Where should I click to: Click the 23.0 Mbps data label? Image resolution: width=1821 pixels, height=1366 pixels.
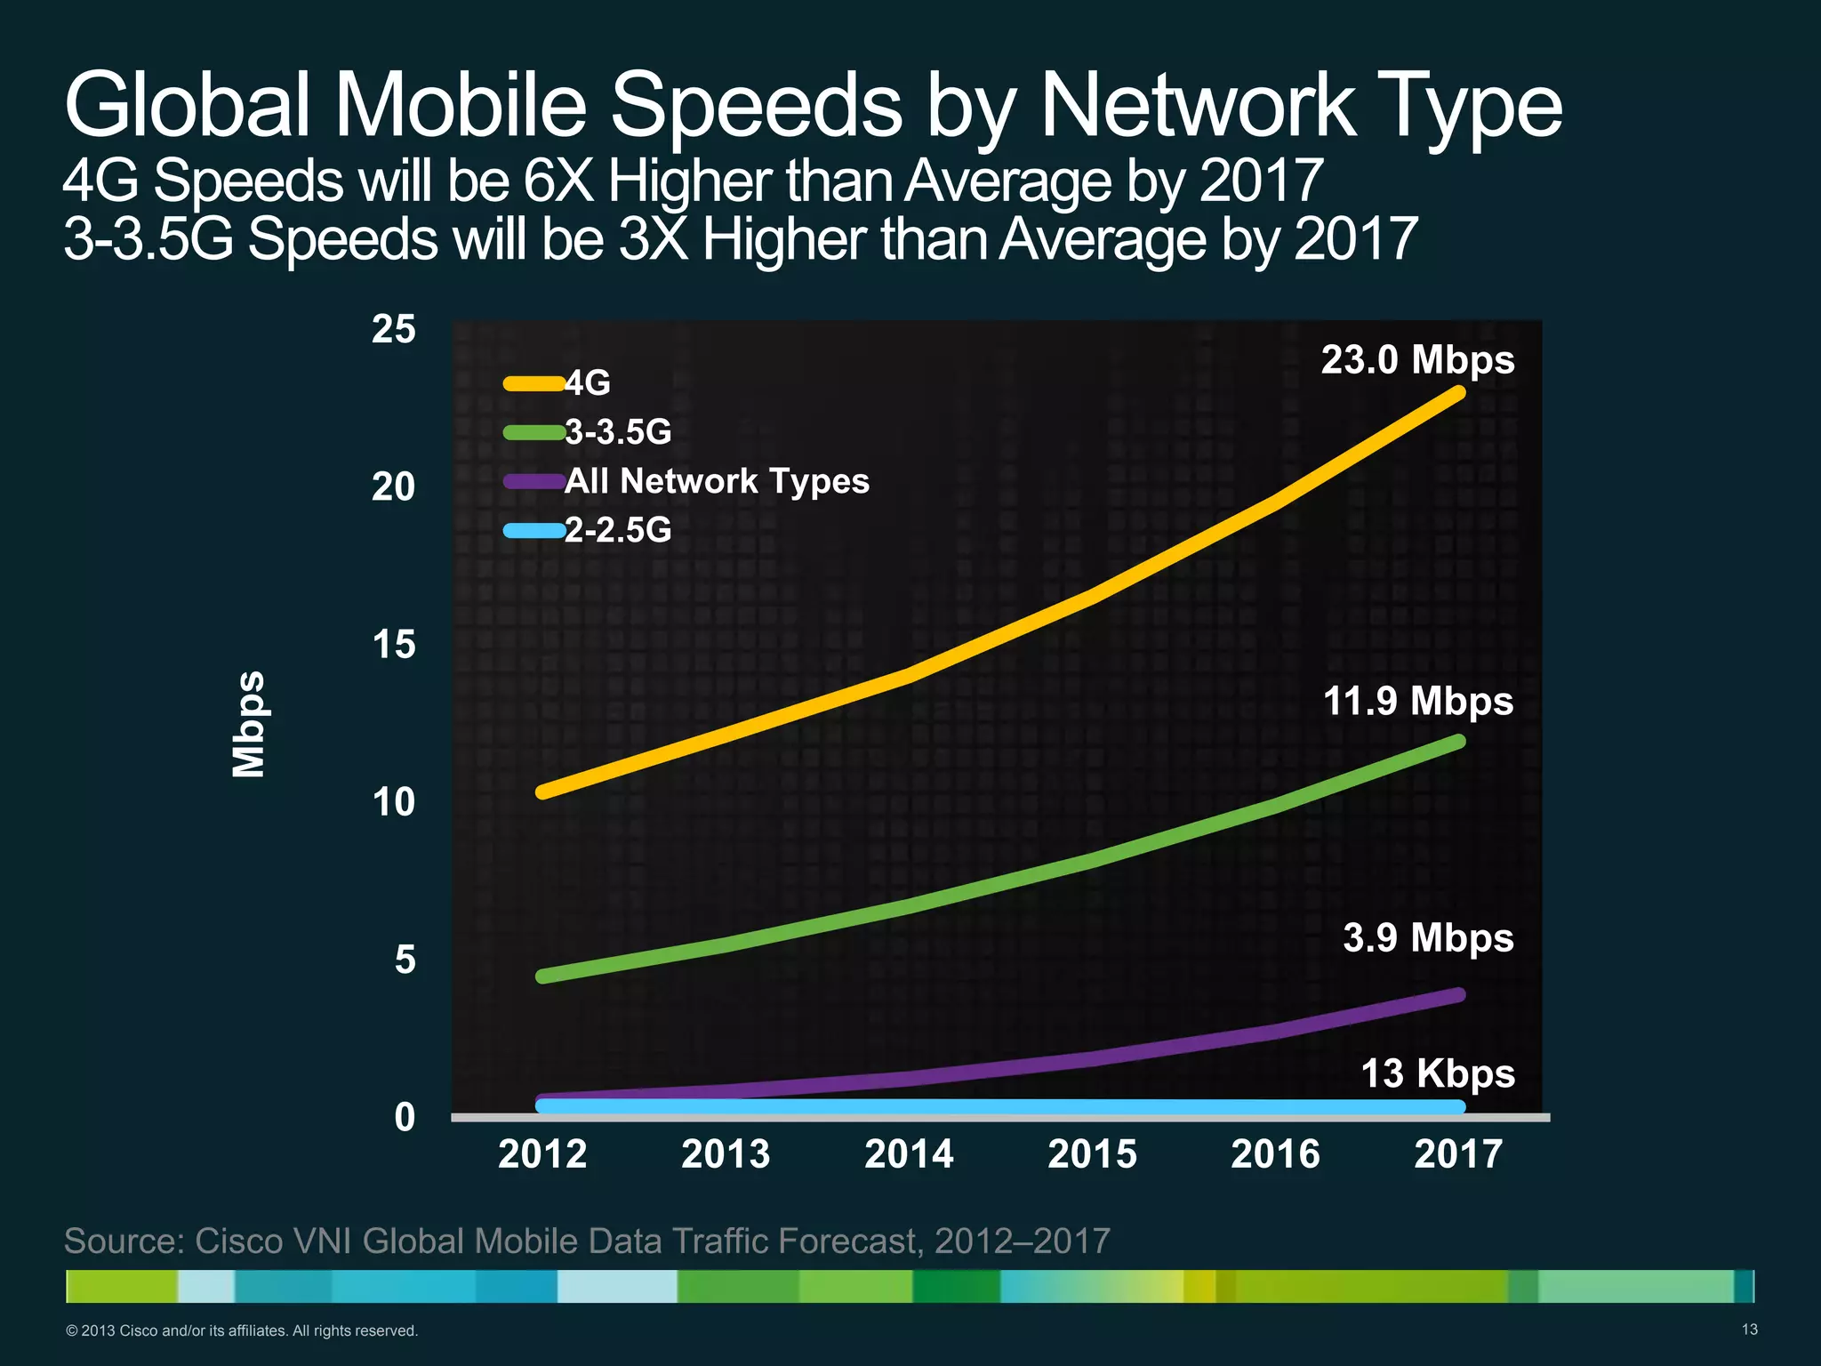pos(1417,361)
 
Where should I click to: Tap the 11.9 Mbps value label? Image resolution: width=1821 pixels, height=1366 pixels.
pos(1417,702)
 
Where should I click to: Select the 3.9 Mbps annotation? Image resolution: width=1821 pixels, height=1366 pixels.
pos(1428,939)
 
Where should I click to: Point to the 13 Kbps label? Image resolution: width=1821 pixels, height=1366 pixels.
pos(1438,1074)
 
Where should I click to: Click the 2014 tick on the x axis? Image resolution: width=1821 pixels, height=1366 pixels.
pos(909,1154)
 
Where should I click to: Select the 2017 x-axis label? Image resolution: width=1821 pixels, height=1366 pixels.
pos(1458,1154)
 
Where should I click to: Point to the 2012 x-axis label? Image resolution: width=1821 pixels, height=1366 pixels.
pos(542,1154)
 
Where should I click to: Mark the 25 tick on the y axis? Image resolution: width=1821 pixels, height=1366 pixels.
pos(393,330)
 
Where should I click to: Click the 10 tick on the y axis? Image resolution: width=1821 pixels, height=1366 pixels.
pos(393,803)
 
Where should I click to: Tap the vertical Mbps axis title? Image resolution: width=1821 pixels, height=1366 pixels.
pos(249,725)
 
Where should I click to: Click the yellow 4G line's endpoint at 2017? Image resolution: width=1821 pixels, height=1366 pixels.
pos(1458,393)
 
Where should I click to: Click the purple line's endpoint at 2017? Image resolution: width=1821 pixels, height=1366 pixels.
pos(1458,995)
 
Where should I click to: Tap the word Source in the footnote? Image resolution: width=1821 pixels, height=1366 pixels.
pos(122,1241)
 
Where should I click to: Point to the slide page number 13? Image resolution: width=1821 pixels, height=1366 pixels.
pos(1749,1330)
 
